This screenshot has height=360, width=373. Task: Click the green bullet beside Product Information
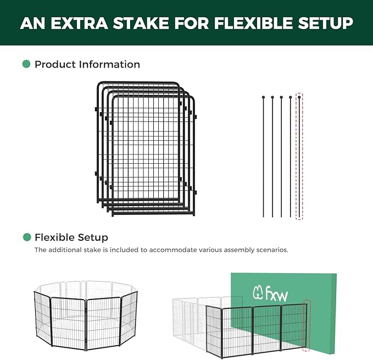[x=26, y=64]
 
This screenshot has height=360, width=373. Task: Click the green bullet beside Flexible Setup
[x=26, y=237]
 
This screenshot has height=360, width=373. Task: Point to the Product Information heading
[x=87, y=64]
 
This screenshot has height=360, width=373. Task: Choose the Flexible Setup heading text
[x=71, y=237]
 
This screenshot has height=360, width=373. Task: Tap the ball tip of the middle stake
[x=281, y=97]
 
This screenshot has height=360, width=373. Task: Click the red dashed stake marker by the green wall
[x=307, y=324]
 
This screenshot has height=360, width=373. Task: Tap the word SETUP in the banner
[x=329, y=23]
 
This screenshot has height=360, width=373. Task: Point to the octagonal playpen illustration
[x=85, y=316]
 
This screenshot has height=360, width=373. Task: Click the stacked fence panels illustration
[x=146, y=148]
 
